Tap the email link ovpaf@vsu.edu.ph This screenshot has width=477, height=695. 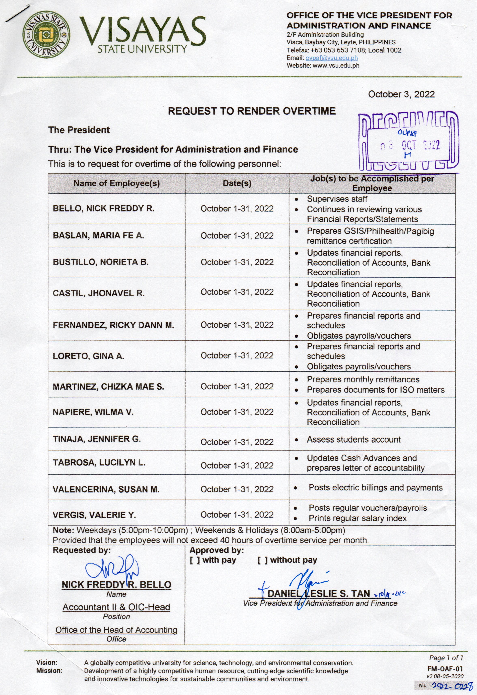[331, 58]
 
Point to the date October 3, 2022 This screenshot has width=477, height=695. [401, 94]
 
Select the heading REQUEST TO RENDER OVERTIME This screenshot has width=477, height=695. [251, 111]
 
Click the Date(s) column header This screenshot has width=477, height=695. [237, 183]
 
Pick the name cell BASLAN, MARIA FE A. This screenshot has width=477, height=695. [98, 236]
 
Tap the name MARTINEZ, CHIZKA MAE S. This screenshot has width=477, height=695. [108, 387]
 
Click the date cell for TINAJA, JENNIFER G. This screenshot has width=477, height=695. [237, 442]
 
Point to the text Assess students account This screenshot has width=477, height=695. [353, 439]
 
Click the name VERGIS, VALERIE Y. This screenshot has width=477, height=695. [94, 515]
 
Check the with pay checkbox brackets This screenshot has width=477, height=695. [195, 560]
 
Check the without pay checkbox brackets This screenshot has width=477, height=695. [262, 560]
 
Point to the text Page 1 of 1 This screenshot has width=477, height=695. [446, 658]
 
